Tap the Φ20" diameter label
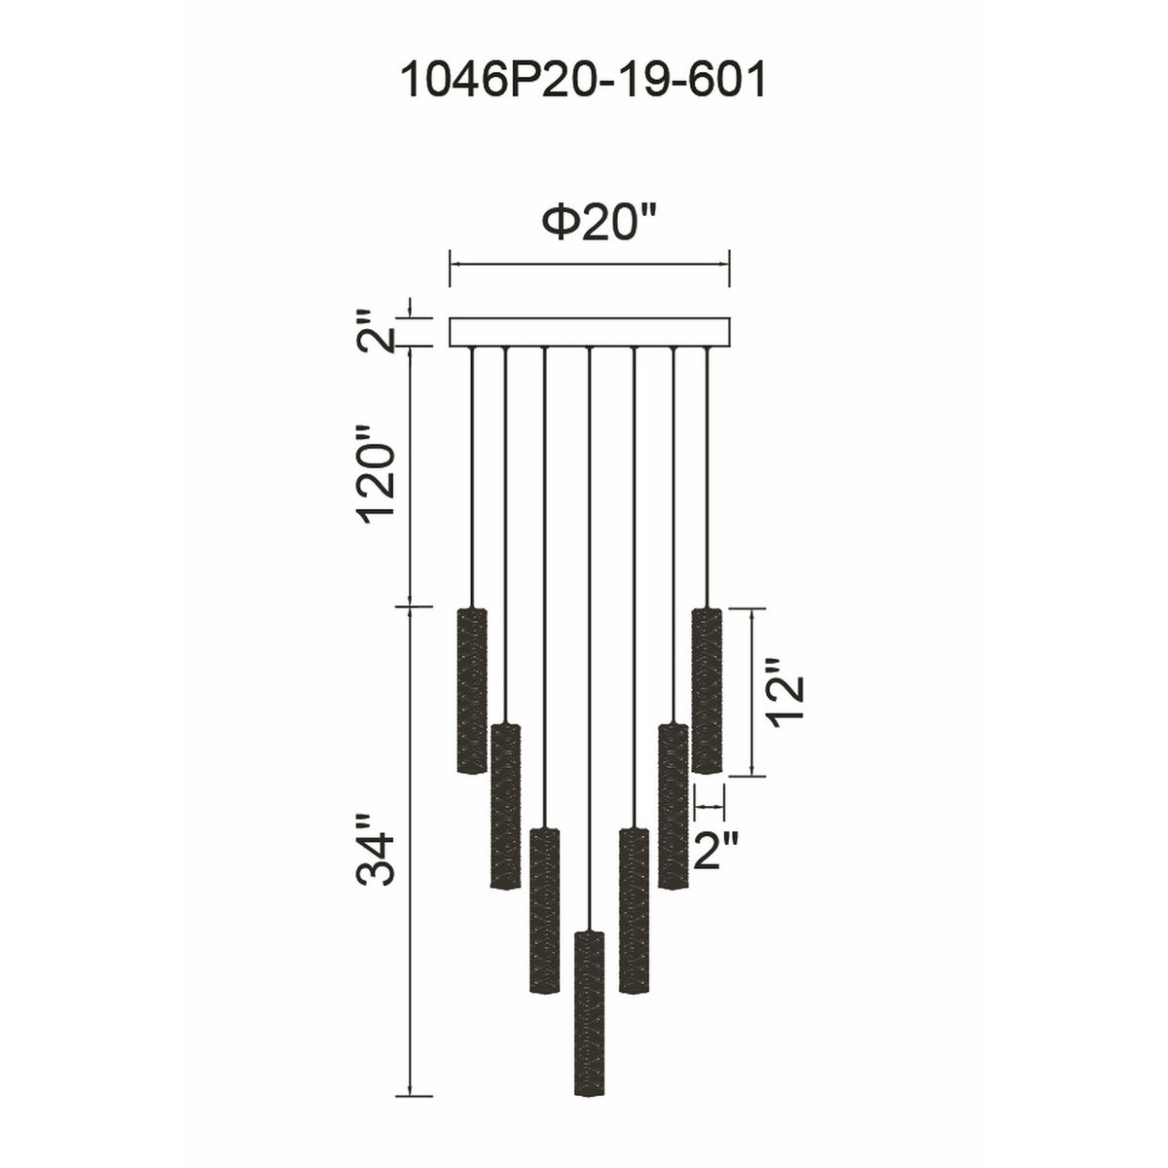(601, 222)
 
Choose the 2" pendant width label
(715, 851)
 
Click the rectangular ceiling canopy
(589, 332)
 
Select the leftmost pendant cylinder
(471, 690)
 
